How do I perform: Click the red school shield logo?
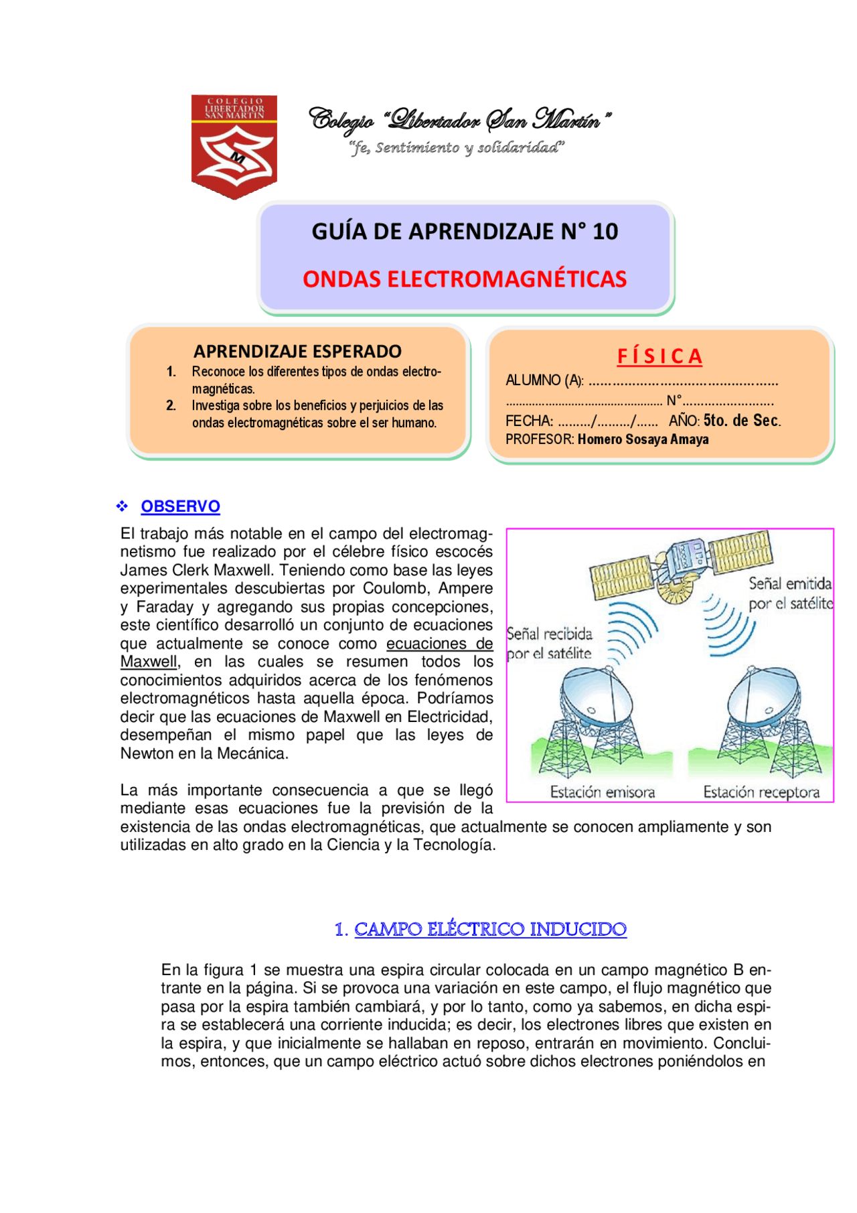pos(234,146)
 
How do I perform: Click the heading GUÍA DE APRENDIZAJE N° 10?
pos(465,232)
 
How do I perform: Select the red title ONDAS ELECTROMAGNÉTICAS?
pos(465,279)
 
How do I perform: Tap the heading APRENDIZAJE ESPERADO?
pos(297,351)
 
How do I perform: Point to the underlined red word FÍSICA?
pos(659,356)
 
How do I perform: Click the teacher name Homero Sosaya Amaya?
pos(643,439)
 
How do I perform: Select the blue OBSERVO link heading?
pos(180,506)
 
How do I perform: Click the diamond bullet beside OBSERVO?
pos(122,506)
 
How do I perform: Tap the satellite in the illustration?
pos(682,563)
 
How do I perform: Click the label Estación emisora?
pos(602,792)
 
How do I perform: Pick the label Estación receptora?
pos(761,792)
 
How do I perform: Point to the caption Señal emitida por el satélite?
pos(790,593)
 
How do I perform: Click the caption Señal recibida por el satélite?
pos(550,643)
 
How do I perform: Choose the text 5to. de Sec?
pos(742,421)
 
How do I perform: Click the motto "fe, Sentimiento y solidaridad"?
pos(457,148)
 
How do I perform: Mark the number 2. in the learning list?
pos(171,405)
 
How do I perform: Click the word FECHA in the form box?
pos(528,421)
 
